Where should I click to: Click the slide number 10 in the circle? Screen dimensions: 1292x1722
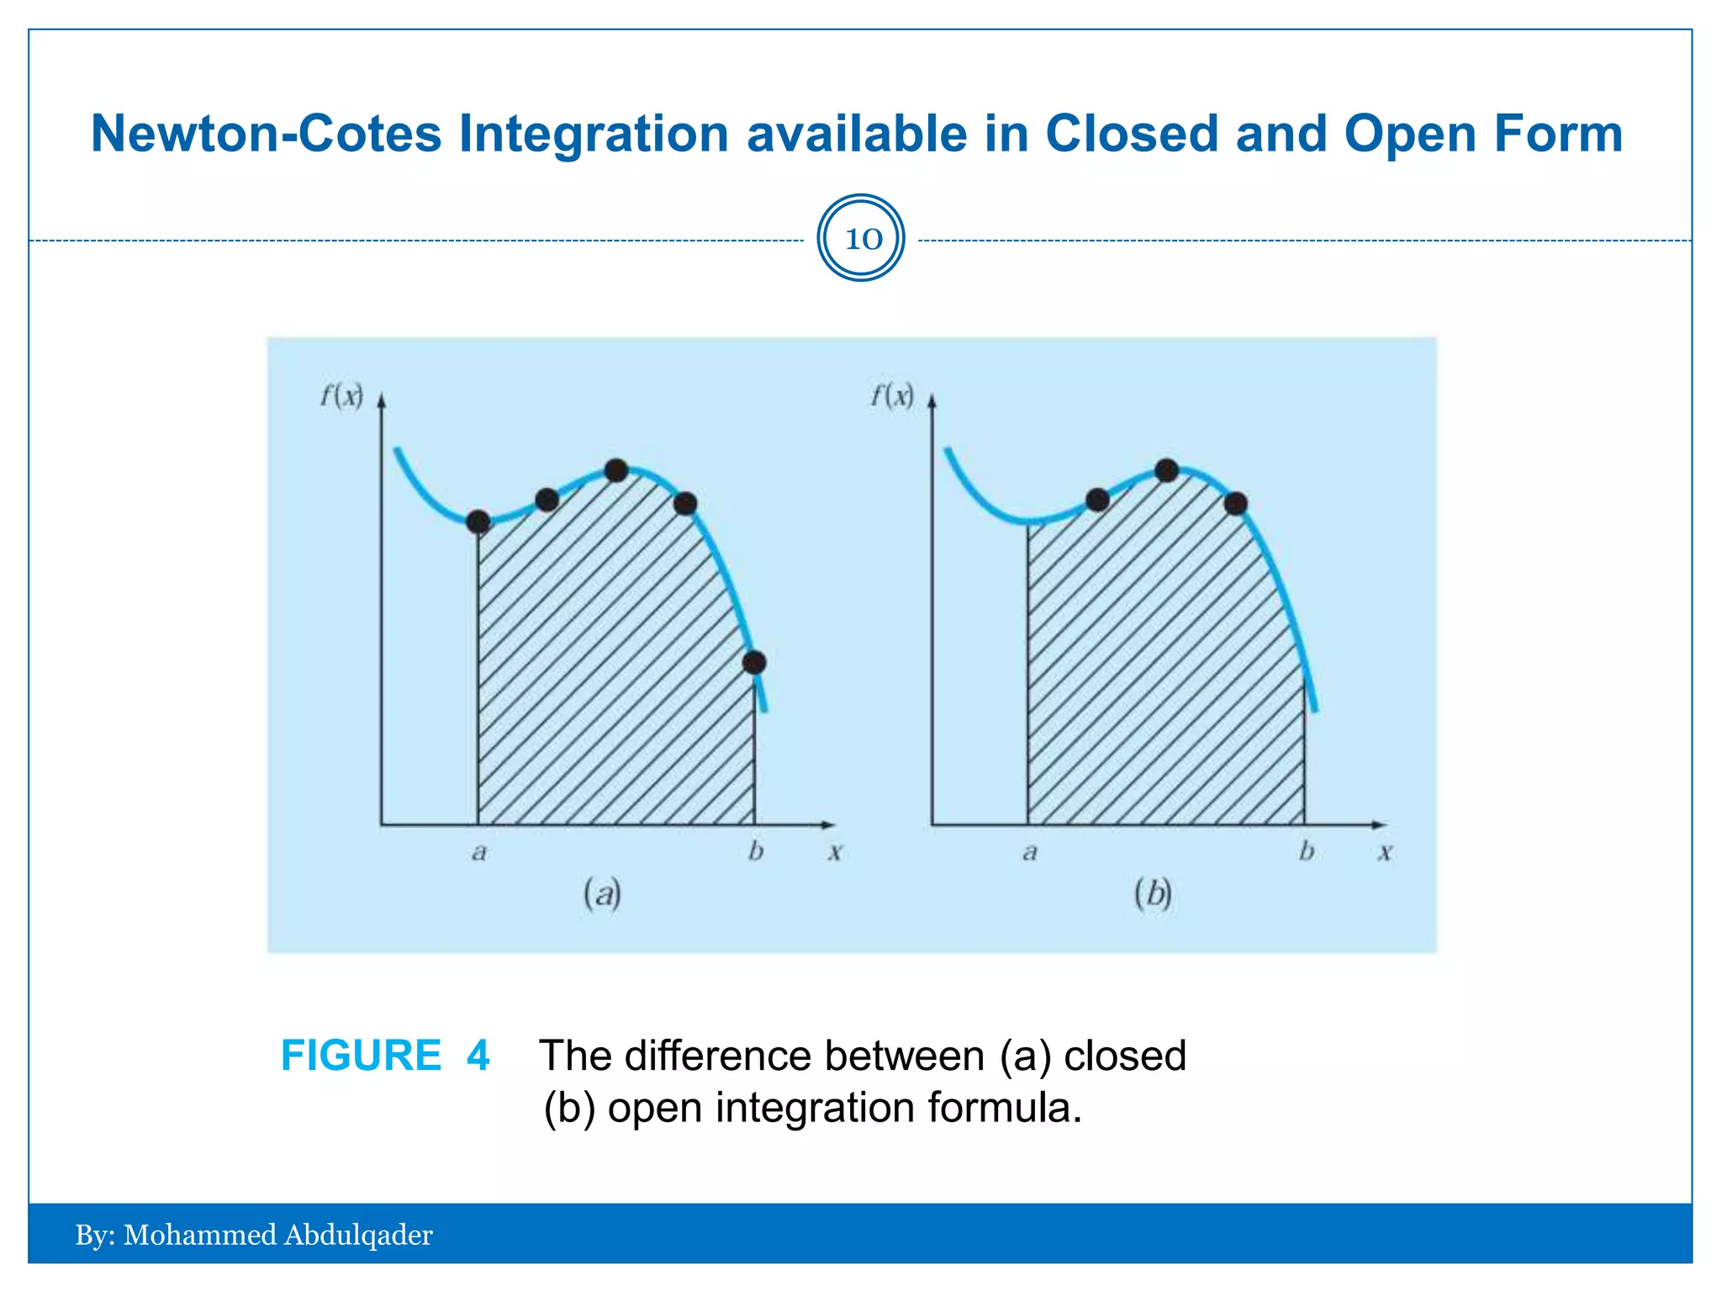pos(862,239)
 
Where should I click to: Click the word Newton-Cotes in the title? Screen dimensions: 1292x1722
pos(266,134)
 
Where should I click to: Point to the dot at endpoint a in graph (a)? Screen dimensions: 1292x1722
pos(478,522)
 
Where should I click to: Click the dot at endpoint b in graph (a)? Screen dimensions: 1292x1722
pos(754,663)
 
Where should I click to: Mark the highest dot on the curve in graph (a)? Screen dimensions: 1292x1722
pos(616,470)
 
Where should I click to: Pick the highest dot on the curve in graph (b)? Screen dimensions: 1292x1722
pos(1166,470)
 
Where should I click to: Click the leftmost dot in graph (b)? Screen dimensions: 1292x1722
pos(1097,500)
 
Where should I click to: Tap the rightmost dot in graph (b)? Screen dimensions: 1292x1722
pos(1235,504)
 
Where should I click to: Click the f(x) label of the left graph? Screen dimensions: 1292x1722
pos(341,394)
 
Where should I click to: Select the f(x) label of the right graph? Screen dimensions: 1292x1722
pos(891,394)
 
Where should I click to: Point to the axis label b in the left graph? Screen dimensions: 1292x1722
pos(756,851)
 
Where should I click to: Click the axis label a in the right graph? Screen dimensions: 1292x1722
pos(1029,853)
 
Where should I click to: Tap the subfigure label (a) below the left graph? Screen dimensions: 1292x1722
pos(602,893)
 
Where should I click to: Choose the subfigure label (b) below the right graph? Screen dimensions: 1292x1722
pos(1153,893)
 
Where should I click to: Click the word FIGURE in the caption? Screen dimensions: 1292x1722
pos(361,1056)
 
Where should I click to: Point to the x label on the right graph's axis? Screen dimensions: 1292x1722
pos(1385,853)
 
